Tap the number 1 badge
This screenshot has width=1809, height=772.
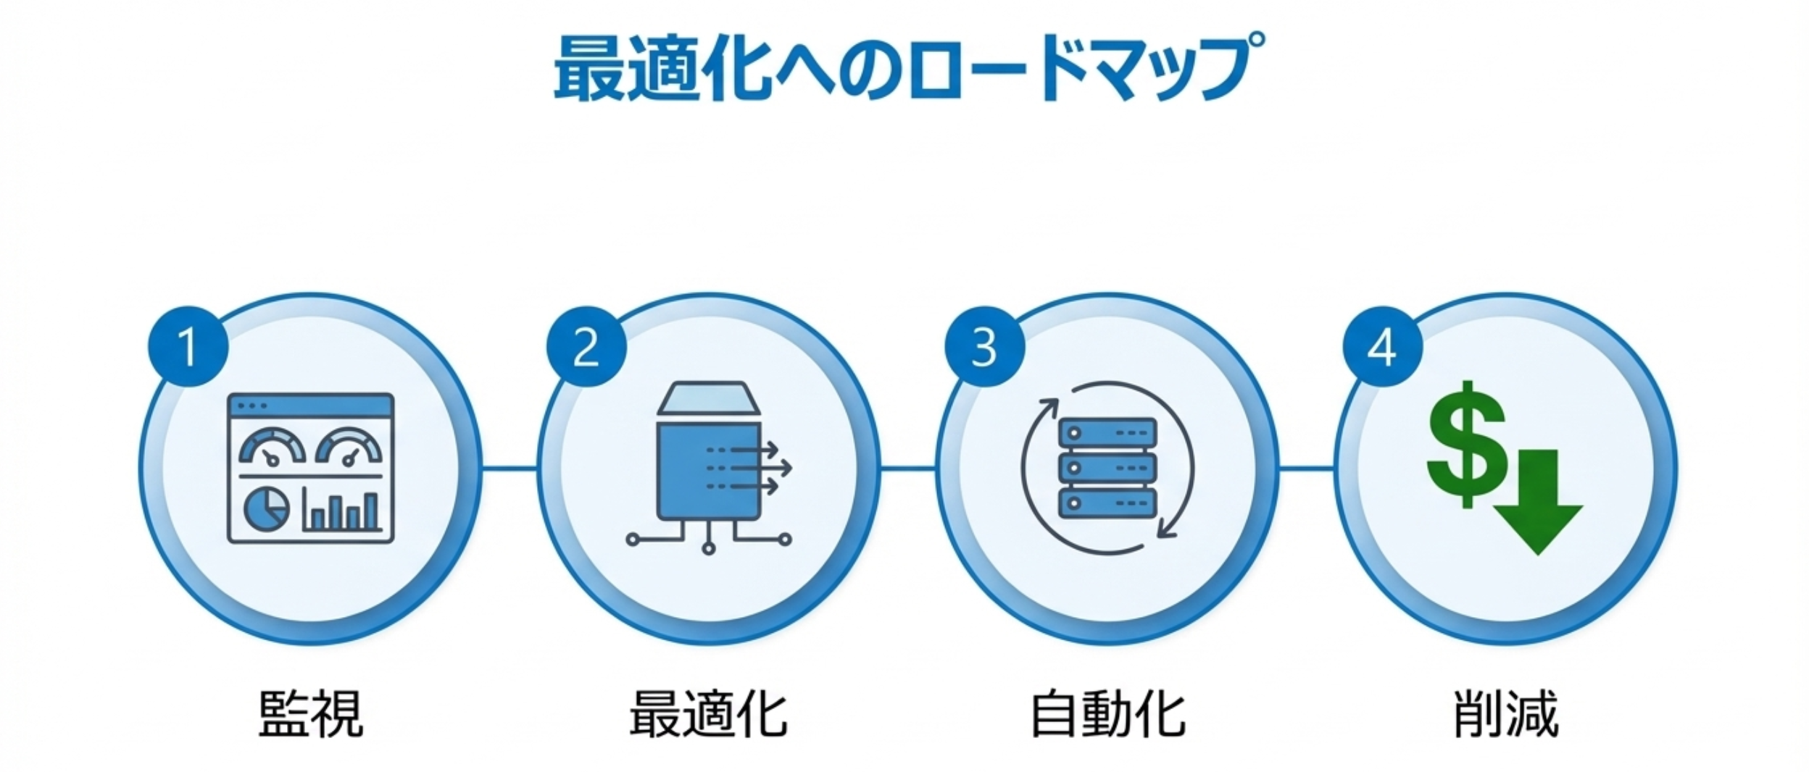point(188,347)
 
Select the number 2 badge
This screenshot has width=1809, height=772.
point(586,347)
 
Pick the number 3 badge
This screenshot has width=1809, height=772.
point(983,347)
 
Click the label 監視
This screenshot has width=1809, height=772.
point(310,714)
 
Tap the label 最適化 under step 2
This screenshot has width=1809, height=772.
point(708,714)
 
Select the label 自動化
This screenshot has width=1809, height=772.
point(1107,714)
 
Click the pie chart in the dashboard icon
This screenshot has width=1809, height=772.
point(267,508)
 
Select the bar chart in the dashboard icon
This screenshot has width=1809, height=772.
point(342,511)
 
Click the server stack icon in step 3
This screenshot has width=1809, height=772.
point(1107,468)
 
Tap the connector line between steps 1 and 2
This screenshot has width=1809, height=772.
point(509,468)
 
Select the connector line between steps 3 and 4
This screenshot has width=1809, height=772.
point(1305,468)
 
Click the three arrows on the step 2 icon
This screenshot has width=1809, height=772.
point(749,468)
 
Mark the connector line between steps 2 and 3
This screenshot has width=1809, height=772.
point(907,468)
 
